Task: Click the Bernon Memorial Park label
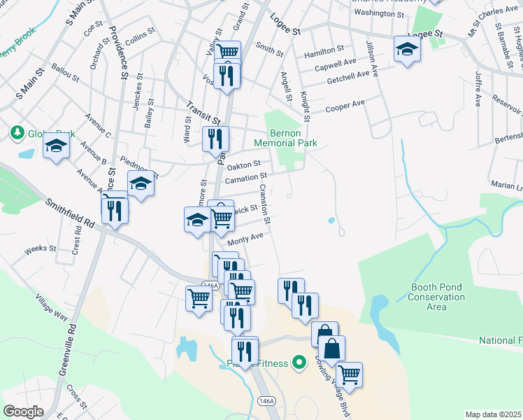[294, 138]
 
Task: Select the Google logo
[22, 412]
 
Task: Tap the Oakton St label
[244, 164]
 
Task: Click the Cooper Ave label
[345, 105]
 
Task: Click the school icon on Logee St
[406, 49]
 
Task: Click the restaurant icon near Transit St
[215, 138]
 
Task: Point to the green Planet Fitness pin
[299, 363]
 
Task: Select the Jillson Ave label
[372, 59]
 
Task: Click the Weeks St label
[35, 248]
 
